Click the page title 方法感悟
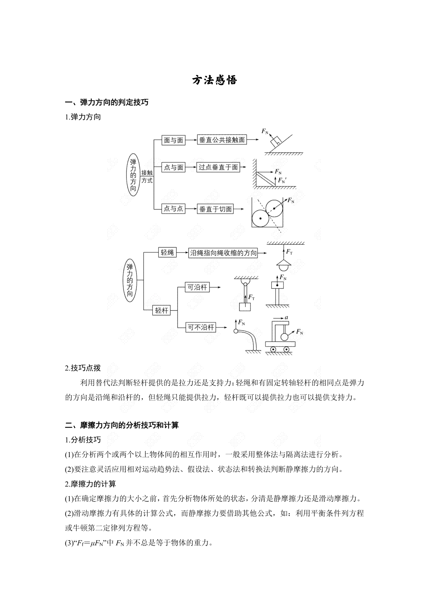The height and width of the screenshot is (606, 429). (x=214, y=80)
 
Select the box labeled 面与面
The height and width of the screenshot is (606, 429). (x=173, y=140)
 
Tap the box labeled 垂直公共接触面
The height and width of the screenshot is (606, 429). (x=222, y=140)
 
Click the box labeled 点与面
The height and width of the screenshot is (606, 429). (x=173, y=167)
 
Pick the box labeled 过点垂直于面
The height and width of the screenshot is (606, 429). (x=218, y=167)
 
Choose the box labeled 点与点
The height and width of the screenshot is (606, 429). (x=173, y=208)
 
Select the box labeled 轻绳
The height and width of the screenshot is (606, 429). (x=167, y=252)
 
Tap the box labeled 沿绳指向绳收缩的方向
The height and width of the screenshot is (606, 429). (x=223, y=253)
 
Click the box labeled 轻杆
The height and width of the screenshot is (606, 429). (x=162, y=310)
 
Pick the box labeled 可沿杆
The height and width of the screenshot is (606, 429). (x=197, y=287)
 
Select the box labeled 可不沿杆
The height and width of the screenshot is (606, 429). (x=201, y=327)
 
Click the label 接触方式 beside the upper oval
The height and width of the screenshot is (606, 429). (x=147, y=176)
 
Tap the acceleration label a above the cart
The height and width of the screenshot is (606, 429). (x=286, y=318)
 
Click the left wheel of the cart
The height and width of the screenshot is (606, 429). (x=273, y=349)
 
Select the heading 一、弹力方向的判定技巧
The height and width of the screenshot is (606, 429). (x=107, y=102)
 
